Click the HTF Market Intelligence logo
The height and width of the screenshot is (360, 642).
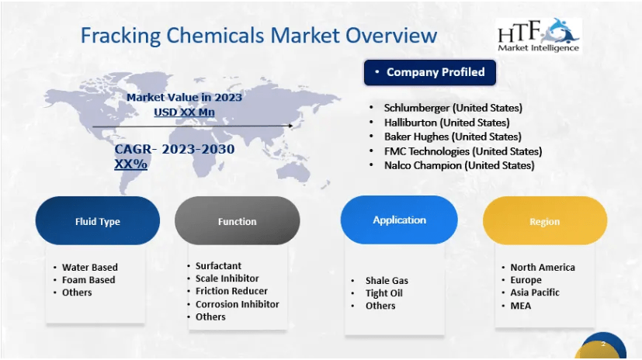(x=538, y=36)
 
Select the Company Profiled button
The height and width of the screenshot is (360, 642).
(x=430, y=72)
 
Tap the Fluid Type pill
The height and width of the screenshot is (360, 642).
(x=98, y=221)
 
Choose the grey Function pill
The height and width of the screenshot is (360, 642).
(x=237, y=221)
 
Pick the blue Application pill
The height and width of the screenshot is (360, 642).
(x=399, y=220)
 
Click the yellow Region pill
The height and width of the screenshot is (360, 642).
(x=544, y=221)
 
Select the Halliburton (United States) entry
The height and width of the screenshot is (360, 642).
(x=446, y=123)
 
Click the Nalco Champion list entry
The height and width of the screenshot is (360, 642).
(x=460, y=166)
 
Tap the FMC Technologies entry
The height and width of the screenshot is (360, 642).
(x=463, y=151)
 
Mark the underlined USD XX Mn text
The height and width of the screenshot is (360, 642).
(x=184, y=112)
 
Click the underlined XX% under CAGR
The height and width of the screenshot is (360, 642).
(x=130, y=164)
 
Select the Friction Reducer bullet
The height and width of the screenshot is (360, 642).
(x=231, y=291)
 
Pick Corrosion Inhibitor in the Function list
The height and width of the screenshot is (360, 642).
(x=237, y=304)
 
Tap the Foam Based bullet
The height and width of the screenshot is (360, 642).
(x=88, y=280)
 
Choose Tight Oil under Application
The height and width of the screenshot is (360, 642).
(x=384, y=293)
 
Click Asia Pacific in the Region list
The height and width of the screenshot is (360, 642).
(x=535, y=292)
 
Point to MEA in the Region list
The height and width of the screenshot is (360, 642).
(x=520, y=306)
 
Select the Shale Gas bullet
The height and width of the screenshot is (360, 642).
(x=387, y=281)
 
